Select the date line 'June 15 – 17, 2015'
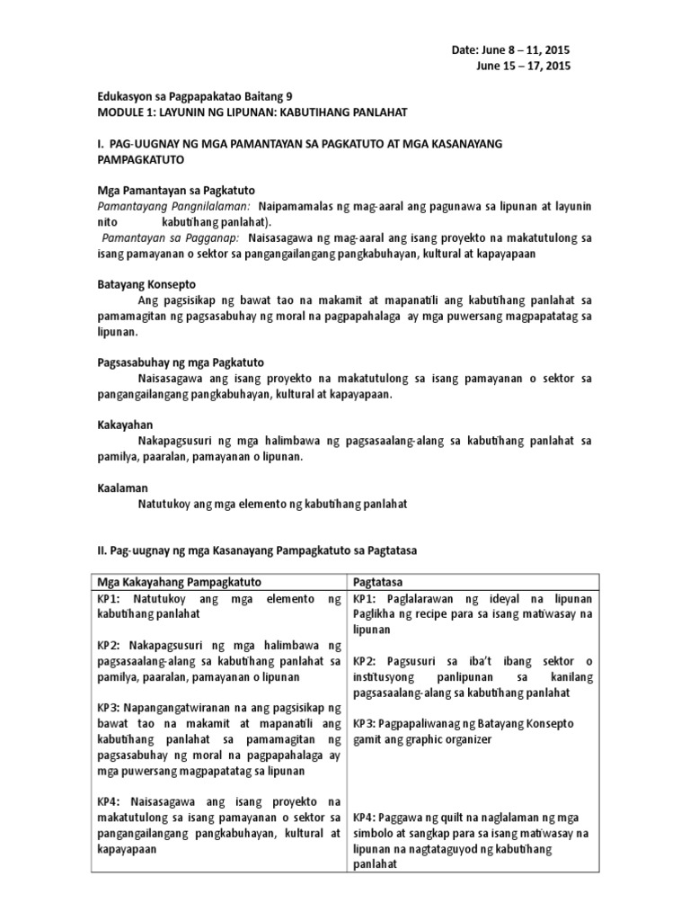coord(522,66)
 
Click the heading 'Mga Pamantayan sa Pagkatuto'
coord(176,190)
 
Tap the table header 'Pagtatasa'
coord(376,583)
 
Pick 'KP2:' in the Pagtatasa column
coord(367,662)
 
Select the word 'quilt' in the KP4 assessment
coord(452,818)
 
